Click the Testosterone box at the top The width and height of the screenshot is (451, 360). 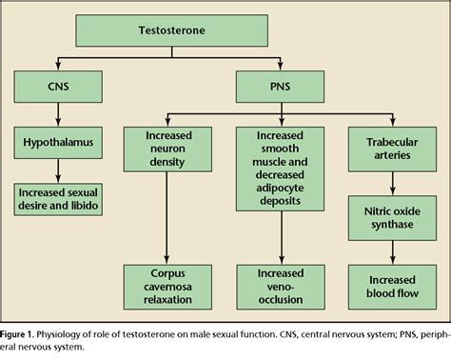pos(171,30)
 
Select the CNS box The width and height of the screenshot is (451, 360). pos(58,87)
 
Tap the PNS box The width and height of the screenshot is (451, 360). pos(280,87)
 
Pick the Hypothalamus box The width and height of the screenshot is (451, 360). pos(58,143)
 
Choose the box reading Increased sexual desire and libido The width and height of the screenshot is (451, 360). pos(58,199)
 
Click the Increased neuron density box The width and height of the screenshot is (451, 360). pos(167,150)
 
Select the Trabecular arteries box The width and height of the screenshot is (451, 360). pos(392,150)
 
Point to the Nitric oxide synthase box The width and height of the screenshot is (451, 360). pos(392,218)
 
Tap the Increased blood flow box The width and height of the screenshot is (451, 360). pos(392,287)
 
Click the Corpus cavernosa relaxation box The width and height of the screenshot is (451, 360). pos(167,287)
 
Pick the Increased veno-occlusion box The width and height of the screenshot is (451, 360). pos(281,287)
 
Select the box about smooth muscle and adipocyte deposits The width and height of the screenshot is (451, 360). pos(280,169)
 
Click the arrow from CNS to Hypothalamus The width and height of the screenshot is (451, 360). pos(58,114)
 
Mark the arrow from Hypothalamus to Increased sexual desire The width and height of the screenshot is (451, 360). pos(58,170)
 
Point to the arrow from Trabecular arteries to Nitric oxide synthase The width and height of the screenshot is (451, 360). pos(392,184)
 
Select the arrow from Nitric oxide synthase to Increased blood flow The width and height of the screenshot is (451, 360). pos(392,252)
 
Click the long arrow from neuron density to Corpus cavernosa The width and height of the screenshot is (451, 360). pos(167,218)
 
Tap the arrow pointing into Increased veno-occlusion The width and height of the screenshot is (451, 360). pos(282,238)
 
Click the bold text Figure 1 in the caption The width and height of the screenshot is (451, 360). pos(16,334)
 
